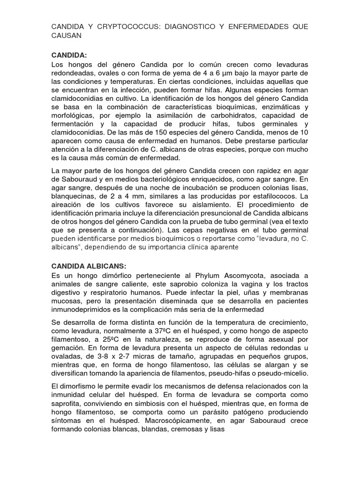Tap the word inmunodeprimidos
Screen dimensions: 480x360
(82, 309)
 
